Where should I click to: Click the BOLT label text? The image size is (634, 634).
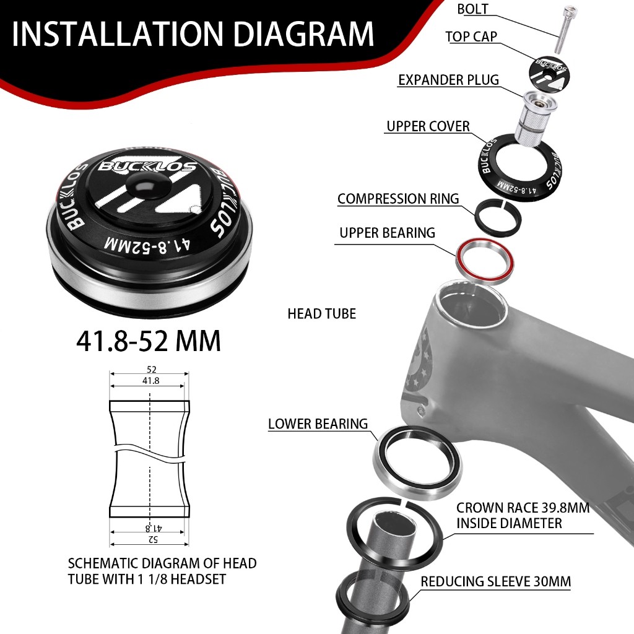(x=472, y=9)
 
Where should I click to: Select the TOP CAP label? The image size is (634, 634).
(x=471, y=37)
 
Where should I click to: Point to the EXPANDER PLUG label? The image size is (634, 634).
(x=448, y=80)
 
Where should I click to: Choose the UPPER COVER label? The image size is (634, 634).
(x=428, y=126)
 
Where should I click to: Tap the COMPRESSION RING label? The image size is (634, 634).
(x=398, y=199)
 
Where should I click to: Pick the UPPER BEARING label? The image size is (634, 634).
(x=388, y=233)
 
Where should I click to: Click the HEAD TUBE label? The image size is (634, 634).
(x=322, y=313)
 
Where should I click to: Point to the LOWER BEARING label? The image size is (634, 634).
(x=318, y=423)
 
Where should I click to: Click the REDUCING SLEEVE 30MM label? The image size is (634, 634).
(x=496, y=581)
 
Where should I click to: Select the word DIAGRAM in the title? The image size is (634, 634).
(x=304, y=34)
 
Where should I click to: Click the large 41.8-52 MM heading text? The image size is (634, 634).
(x=149, y=341)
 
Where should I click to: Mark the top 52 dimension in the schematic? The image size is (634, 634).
(x=151, y=369)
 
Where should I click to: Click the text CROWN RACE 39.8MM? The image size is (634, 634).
(x=523, y=508)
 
